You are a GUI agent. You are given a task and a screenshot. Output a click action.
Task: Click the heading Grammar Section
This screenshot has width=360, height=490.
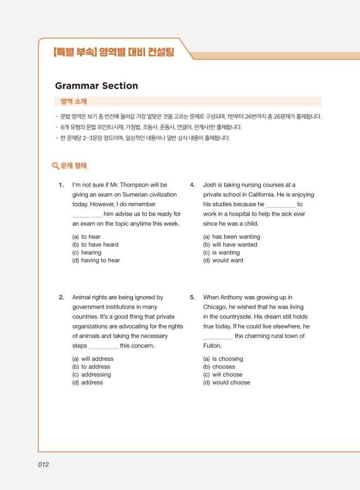pos(96,86)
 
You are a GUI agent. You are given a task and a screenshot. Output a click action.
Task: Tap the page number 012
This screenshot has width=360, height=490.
pos(43,464)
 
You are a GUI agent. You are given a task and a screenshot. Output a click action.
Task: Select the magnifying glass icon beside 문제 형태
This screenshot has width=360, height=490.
pos(56,166)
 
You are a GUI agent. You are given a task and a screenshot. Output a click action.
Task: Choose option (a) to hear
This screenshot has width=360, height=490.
pos(86,237)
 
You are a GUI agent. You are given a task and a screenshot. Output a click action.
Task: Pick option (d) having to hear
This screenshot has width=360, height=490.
pos(96,260)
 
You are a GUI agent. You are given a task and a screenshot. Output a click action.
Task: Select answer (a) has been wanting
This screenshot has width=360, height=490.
pos(231,237)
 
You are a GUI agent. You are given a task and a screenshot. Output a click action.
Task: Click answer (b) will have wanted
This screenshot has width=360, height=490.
pos(230,245)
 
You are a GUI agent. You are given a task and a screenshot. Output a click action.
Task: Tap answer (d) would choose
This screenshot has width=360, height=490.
pos(226,383)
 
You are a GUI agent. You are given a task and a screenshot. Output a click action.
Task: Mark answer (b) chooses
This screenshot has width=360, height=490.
pos(219,367)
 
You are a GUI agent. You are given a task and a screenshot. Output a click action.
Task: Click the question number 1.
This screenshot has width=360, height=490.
pos(61,185)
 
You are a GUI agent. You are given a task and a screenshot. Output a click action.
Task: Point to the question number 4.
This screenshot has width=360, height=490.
pos(192,185)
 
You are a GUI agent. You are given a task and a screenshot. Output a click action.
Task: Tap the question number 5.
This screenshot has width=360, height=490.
pos(192,297)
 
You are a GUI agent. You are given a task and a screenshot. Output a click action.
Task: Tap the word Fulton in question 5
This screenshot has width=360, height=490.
pos(212,346)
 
